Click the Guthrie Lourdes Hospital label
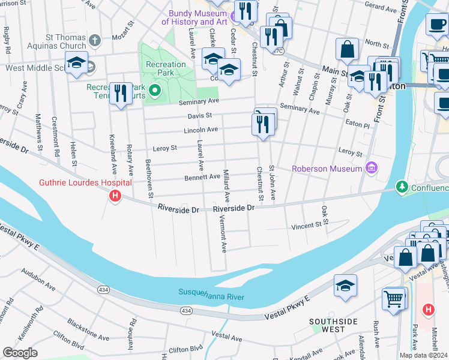85,182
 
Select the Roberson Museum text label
327,169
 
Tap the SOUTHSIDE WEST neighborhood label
336,325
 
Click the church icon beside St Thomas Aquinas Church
94,41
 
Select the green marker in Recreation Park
155,91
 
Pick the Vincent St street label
307,226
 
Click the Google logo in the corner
20,353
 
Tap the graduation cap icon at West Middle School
77,63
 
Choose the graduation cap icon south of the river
346,286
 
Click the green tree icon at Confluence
402,187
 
